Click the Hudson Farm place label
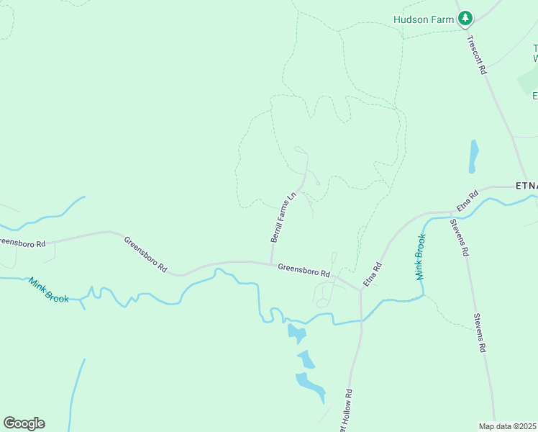point(424,19)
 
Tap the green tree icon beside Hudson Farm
point(465,18)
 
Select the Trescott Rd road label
point(477,55)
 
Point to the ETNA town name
point(526,185)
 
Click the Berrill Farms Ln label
point(283,217)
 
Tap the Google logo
point(24,423)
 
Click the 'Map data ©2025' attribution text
point(508,426)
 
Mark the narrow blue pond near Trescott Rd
point(473,157)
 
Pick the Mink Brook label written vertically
point(420,256)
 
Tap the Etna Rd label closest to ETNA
point(468,202)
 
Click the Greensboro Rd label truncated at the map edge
point(22,243)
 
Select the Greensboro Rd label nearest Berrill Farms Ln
point(304,271)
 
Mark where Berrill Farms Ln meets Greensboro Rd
point(271,262)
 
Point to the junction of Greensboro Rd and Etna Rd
point(360,290)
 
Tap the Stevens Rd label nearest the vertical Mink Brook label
point(460,238)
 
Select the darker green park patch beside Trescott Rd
point(528,83)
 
